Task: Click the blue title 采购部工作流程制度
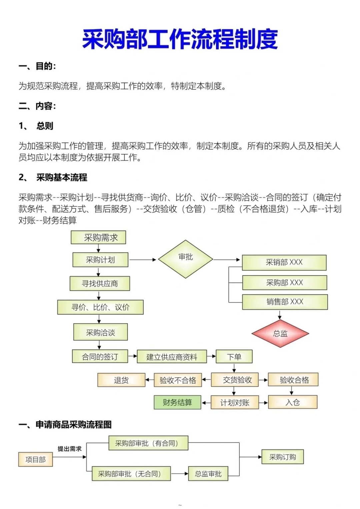click(x=180, y=39)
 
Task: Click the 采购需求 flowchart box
click(x=99, y=237)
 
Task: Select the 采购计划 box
click(x=100, y=260)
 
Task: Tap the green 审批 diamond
click(x=185, y=259)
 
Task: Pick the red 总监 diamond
click(x=280, y=333)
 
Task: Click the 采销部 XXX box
click(x=284, y=263)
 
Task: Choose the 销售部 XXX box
click(x=285, y=302)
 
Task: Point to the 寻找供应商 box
click(x=100, y=284)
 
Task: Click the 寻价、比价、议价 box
click(x=100, y=307)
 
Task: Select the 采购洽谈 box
click(x=100, y=332)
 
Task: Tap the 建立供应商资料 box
click(x=172, y=357)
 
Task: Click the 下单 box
click(x=234, y=357)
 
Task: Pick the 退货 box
click(x=121, y=380)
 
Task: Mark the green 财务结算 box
click(x=177, y=402)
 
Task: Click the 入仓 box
click(x=293, y=402)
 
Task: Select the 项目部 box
click(x=35, y=459)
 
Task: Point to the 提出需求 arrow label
click(x=69, y=449)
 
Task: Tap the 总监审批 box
click(x=208, y=474)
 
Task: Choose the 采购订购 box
click(x=282, y=457)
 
